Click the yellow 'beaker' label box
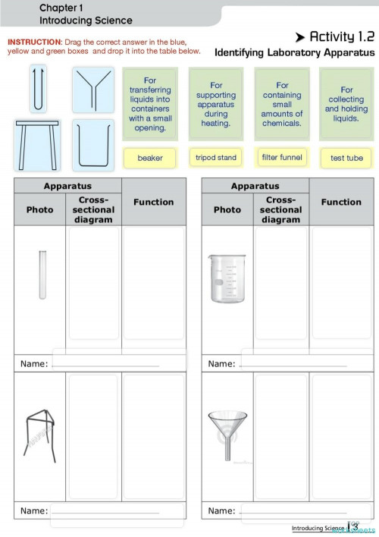point(150,158)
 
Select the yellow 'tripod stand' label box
point(216,158)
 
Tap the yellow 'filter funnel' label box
point(282,157)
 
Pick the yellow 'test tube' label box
point(346,158)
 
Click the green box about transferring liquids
point(150,103)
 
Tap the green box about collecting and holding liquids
point(346,104)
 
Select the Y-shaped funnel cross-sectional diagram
point(93,89)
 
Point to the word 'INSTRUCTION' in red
point(33,41)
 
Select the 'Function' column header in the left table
point(153,202)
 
